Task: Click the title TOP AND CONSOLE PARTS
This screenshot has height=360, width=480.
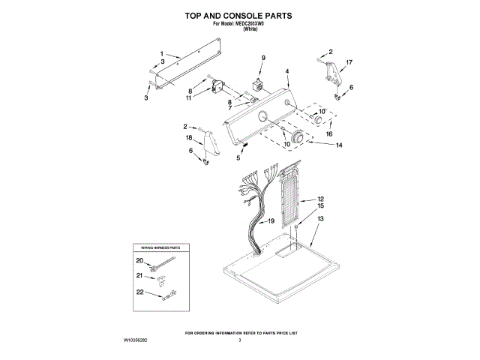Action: pos(238,15)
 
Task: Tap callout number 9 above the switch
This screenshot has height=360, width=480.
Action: pos(263,58)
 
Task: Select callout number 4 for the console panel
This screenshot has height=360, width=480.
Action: pos(287,72)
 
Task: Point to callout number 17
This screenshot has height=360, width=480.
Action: pos(349,62)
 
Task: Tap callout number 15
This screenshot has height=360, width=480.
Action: pos(320,205)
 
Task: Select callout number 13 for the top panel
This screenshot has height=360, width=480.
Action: pos(320,219)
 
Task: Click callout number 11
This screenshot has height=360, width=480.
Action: pos(189,97)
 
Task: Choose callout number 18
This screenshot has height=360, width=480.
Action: pos(189,139)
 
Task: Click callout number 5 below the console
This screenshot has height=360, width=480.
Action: pos(238,158)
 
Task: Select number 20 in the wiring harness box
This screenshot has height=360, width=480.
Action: pos(139,260)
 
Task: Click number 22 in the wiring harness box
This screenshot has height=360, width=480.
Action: pos(139,292)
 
